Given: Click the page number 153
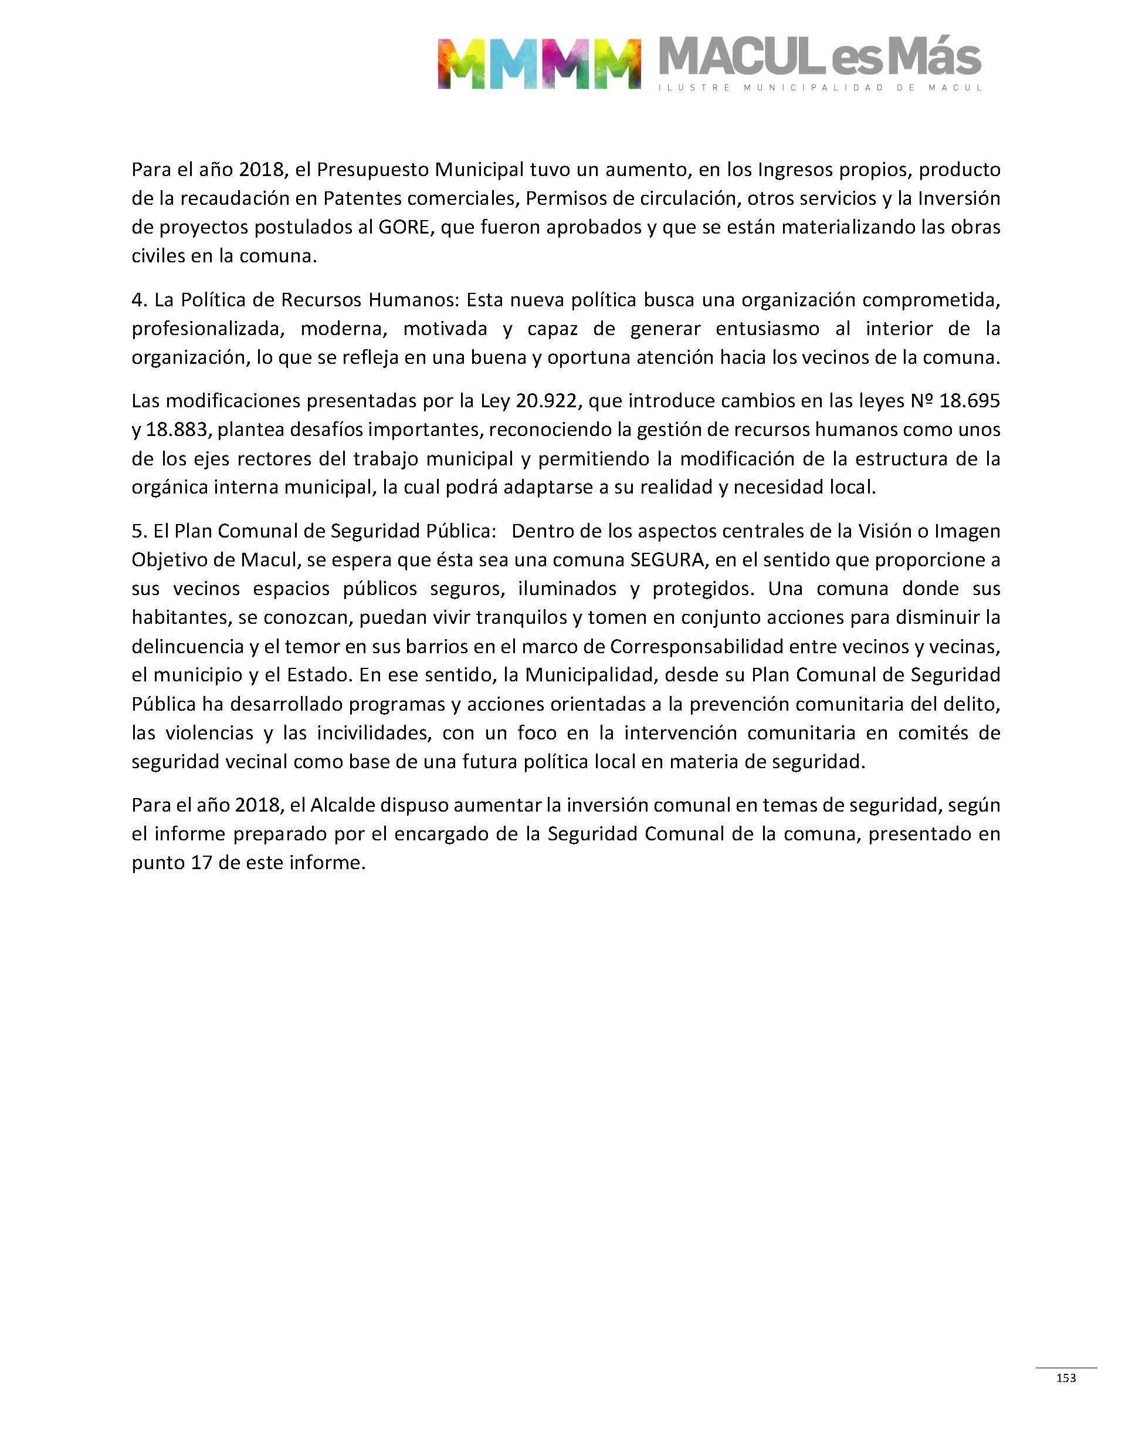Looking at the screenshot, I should tap(1066, 1378).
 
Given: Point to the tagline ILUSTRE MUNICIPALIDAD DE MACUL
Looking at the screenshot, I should tap(819, 87).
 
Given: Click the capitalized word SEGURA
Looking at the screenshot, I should tap(667, 560).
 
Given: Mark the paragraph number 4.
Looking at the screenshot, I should tap(138, 300).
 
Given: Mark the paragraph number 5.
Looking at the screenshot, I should tap(138, 531).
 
